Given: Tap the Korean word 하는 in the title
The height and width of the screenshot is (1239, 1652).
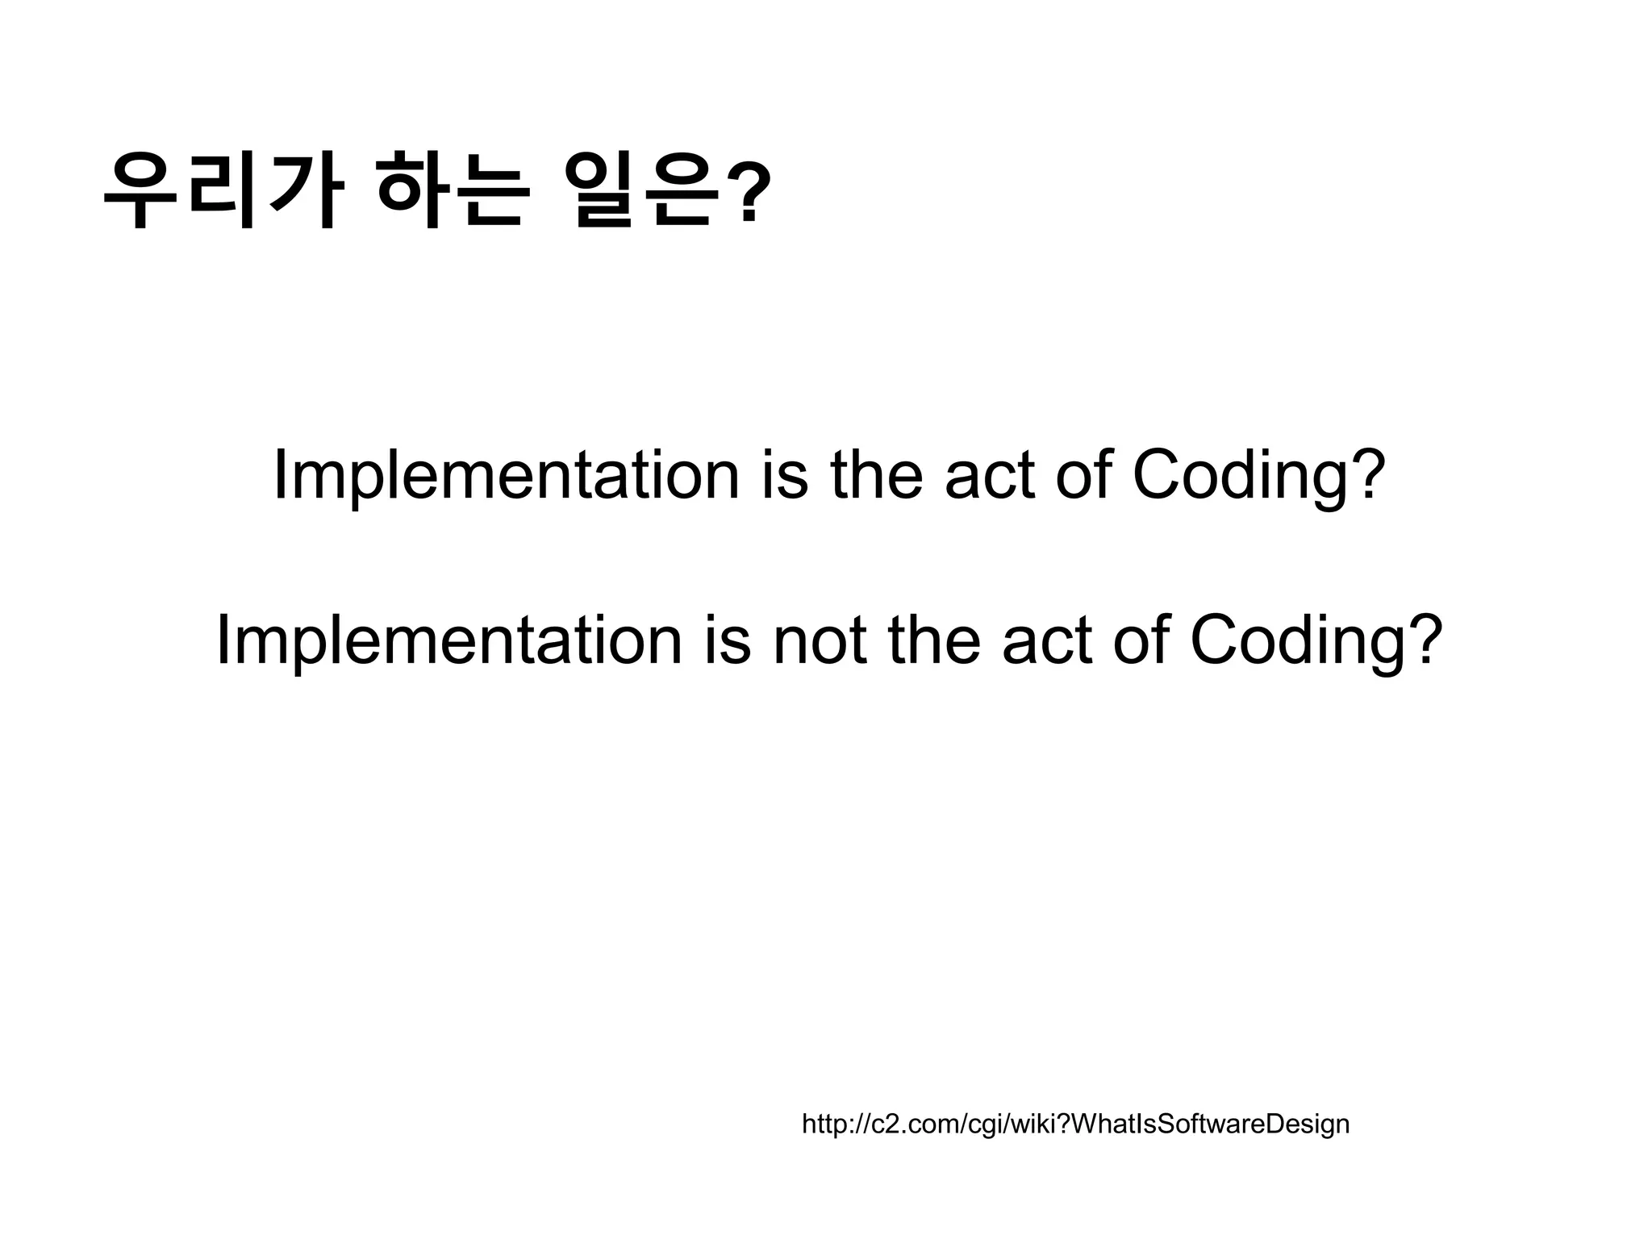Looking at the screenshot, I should [453, 191].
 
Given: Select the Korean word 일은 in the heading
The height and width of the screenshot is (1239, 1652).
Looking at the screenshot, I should [641, 191].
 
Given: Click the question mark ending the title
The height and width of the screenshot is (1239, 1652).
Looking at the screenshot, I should [749, 191].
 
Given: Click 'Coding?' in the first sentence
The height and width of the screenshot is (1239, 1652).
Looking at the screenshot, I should [1258, 476].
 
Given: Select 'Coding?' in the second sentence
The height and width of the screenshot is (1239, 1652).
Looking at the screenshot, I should [1316, 640].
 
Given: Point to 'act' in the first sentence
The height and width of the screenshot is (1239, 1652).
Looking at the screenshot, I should [990, 476].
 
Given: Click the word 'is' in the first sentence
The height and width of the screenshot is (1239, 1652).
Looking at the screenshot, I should [784, 476].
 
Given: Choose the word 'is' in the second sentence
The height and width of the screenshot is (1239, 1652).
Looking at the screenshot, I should [727, 640].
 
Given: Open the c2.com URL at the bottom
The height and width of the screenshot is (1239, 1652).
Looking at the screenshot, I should [1075, 1124].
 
